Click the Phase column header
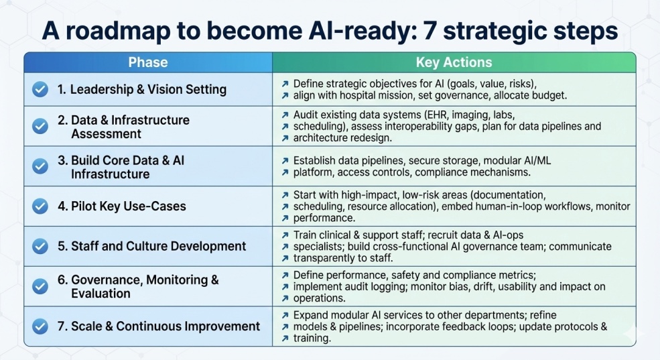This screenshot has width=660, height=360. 147,62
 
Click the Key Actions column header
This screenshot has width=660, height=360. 454,62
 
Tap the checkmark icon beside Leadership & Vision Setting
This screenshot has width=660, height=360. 40,89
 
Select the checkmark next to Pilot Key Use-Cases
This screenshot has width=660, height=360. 40,206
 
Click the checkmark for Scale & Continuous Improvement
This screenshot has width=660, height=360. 40,326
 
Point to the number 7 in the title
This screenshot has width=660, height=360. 430,31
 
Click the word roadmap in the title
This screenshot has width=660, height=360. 121,32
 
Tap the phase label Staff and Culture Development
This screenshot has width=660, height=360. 151,246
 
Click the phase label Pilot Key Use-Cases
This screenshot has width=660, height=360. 122,206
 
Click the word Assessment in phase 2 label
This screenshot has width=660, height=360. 106,134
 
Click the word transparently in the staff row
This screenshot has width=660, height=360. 325,258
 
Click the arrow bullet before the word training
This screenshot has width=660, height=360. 285,338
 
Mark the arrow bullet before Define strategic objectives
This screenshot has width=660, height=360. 285,84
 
